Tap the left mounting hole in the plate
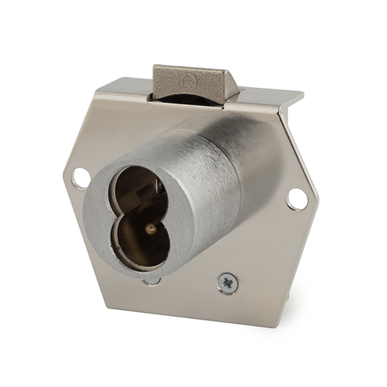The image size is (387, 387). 81,174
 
